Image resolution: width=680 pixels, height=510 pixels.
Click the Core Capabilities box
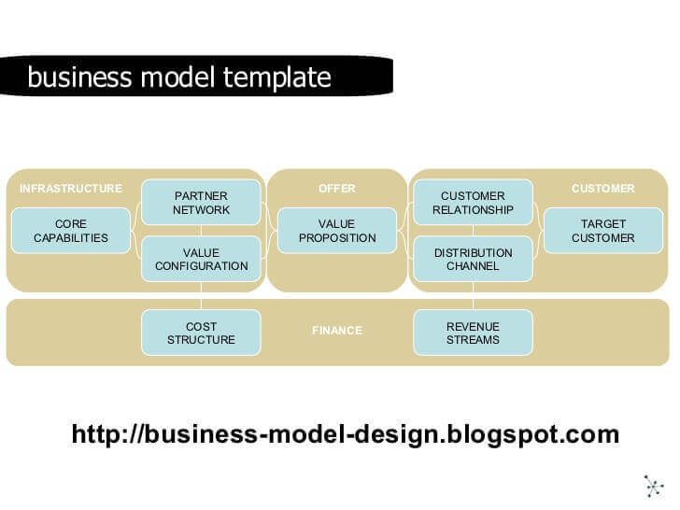pos(71,231)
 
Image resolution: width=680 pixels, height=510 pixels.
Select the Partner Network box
pos(201,203)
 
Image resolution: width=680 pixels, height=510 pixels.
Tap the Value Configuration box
pos(201,259)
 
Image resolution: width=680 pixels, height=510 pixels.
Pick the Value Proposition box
pos(336,231)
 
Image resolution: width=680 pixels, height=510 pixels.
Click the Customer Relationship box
pos(473,203)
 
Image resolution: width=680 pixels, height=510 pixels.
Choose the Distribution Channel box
pos(473,259)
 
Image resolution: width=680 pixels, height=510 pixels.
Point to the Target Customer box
pos(602,231)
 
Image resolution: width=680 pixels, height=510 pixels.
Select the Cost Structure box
pos(201,333)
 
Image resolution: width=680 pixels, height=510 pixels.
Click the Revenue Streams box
pos(473,333)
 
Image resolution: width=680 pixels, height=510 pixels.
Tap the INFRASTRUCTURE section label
pos(71,189)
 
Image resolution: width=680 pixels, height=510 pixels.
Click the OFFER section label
pos(336,189)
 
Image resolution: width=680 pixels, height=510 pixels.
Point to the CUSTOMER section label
pos(602,189)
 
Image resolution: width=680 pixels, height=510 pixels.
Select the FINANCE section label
pos(336,331)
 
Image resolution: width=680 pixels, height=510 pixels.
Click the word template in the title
pos(278,78)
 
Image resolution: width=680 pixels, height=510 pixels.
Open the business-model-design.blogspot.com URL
pos(345,434)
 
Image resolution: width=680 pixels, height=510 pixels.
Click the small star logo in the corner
pos(653,486)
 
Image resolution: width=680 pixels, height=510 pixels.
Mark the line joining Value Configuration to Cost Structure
pos(201,296)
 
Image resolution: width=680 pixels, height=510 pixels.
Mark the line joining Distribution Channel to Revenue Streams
pos(473,296)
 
